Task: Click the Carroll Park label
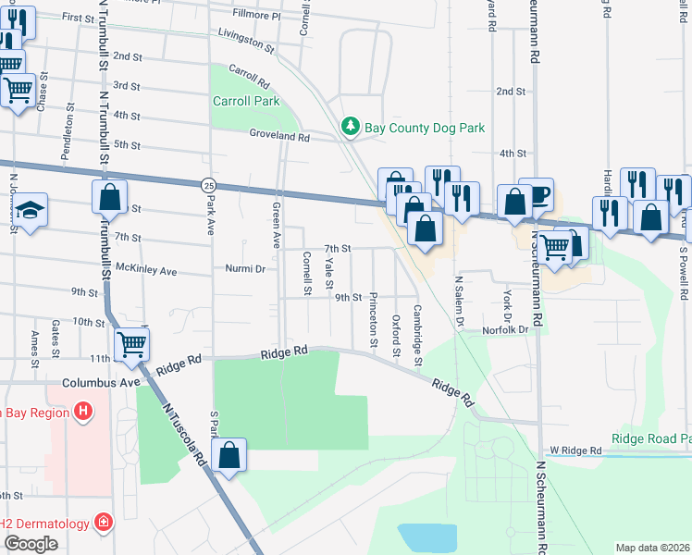coord(245,101)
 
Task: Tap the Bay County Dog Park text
coord(425,128)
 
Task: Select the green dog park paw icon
coord(350,126)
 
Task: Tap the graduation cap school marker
coord(31,210)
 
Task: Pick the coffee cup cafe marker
coord(538,195)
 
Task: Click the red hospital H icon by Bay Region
coord(83,411)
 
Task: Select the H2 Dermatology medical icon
coord(103,524)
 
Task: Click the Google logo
coord(31,544)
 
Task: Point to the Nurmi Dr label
coord(246,269)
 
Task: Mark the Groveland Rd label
coord(278,135)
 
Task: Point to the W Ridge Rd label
coord(575,450)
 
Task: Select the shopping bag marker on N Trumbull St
coord(109,196)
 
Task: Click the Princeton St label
coord(374,319)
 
